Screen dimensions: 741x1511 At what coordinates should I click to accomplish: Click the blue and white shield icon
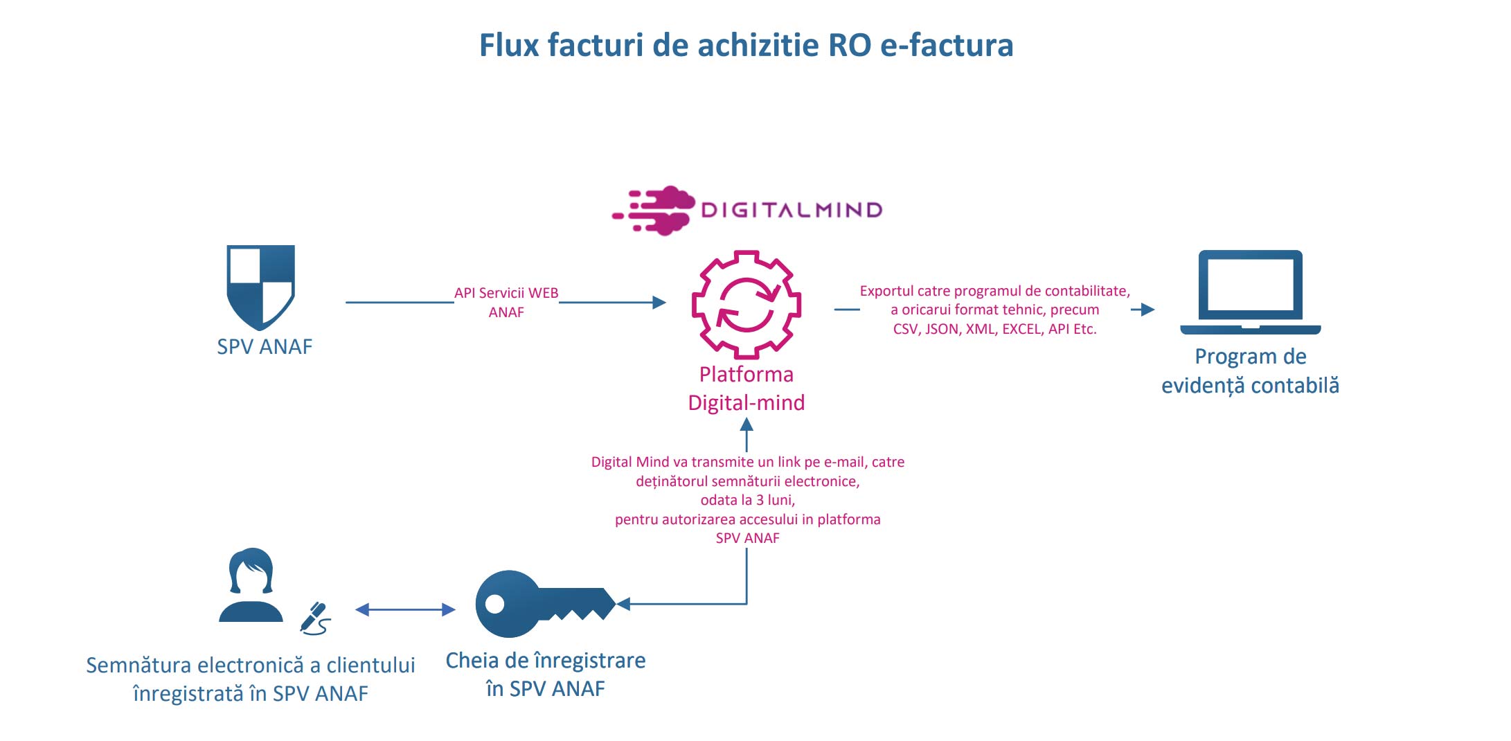[261, 286]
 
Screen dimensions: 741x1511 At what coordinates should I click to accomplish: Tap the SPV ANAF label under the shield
[265, 346]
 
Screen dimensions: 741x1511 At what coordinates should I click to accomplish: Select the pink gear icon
[746, 304]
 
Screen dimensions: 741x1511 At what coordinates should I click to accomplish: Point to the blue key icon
[544, 604]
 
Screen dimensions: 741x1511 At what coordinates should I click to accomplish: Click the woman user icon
[251, 585]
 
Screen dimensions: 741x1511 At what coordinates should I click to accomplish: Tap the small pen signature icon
[315, 618]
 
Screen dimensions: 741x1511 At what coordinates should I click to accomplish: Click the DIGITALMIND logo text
[792, 210]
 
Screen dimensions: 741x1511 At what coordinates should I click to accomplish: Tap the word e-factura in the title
[946, 46]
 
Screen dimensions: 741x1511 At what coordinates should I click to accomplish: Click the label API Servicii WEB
[506, 293]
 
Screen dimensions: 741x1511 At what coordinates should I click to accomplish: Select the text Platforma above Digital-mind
[746, 375]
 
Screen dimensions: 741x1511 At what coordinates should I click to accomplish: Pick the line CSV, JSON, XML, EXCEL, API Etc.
[994, 329]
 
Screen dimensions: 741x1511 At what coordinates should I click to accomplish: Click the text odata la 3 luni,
[747, 500]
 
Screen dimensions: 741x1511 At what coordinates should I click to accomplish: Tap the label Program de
[1251, 357]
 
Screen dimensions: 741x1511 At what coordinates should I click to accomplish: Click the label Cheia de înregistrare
[546, 661]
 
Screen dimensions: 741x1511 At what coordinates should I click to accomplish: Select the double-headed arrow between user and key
[405, 609]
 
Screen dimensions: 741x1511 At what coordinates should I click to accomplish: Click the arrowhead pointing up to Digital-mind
[746, 423]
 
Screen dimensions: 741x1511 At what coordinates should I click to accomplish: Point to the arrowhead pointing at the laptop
[1147, 310]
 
